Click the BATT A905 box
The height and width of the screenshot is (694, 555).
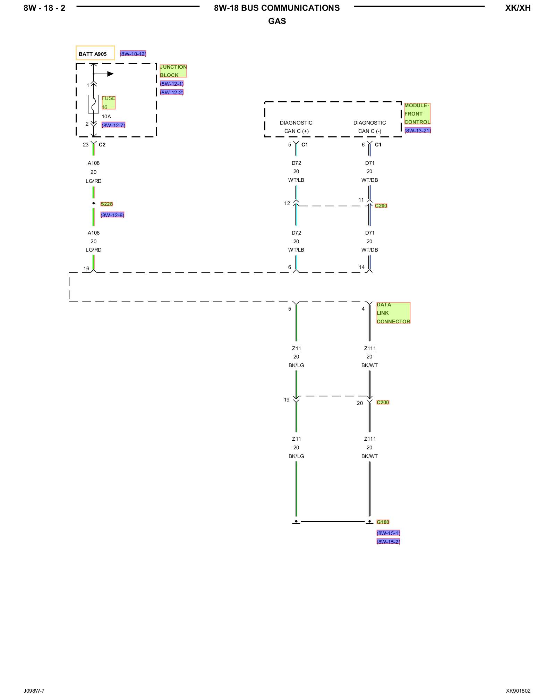coord(95,53)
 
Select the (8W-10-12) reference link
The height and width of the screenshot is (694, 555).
coord(133,54)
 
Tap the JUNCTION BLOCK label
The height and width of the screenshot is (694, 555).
coord(173,71)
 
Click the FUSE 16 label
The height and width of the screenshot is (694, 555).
coord(108,102)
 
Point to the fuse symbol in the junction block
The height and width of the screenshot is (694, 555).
coord(93,104)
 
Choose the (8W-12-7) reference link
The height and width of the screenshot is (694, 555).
coord(113,125)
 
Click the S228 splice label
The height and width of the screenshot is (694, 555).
coord(106,204)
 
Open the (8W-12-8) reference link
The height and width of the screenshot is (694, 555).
coord(112,215)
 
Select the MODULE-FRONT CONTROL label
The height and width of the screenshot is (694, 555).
coord(417,113)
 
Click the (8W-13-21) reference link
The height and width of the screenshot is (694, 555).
coord(418,130)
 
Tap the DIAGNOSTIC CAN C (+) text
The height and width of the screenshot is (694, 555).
coord(296,127)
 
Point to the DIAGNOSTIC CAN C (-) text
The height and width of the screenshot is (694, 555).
coord(370,127)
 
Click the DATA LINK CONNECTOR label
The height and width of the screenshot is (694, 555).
coord(393,313)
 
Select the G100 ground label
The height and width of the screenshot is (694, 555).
coord(383,522)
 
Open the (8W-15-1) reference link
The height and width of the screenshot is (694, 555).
coord(388,533)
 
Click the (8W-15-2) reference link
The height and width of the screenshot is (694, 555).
coord(388,542)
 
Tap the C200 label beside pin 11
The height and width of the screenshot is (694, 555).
coord(381,206)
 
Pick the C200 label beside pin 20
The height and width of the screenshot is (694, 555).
coord(383,403)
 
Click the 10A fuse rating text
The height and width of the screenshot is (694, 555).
coord(106,117)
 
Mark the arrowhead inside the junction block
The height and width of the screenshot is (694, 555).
coord(110,74)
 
